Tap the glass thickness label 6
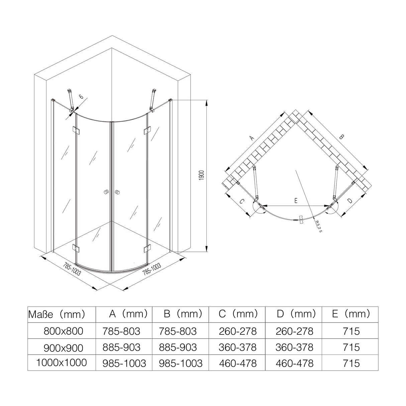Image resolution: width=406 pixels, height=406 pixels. point(81,97)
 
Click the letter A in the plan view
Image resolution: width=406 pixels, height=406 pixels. point(252,138)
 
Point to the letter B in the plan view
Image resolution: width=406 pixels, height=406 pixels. point(341,137)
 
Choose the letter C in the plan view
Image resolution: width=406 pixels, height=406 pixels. point(242,201)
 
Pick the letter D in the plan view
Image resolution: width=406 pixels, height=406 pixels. point(349,201)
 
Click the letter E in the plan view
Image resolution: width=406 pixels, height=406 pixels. point(296,200)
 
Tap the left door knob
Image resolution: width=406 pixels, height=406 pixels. point(106,192)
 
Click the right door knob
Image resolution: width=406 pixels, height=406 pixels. point(117,192)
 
